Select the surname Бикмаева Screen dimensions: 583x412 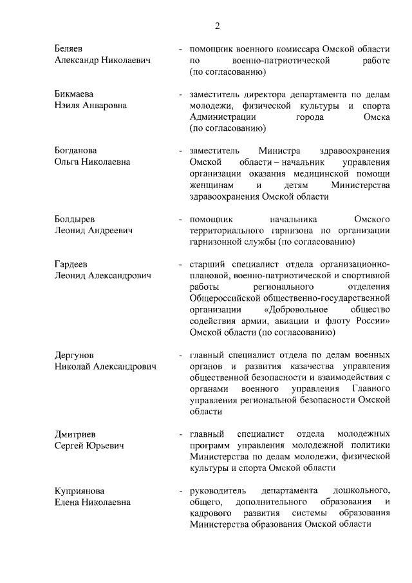pos(75,94)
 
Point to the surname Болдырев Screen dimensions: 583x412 pos(75,218)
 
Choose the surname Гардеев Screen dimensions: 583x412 pos(71,263)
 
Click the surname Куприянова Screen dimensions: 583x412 pos(79,490)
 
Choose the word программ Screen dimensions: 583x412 pos(209,445)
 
